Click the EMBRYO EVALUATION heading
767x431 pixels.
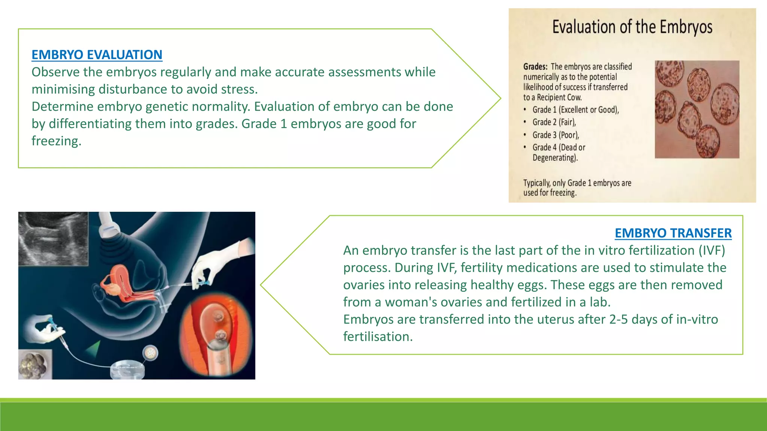point(97,55)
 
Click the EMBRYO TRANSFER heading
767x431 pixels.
point(673,233)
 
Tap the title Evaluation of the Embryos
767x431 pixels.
point(632,27)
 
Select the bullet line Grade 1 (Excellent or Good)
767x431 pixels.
point(575,110)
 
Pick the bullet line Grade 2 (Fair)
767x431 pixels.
point(554,122)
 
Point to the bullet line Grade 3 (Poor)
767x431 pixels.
point(555,135)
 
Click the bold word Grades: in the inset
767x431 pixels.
point(535,67)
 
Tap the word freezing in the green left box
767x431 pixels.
point(56,141)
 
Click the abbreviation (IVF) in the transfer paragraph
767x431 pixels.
point(712,250)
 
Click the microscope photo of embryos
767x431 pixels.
point(697,109)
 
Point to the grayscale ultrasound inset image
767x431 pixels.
point(53,239)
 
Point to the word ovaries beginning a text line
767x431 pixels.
point(364,285)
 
